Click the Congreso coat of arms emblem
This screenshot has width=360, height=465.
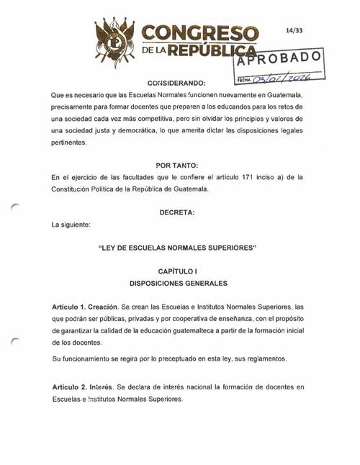click(x=115, y=40)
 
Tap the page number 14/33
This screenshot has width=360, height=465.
click(x=294, y=31)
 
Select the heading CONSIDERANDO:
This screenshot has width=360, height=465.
click(x=176, y=82)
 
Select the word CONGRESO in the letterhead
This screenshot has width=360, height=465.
click(x=200, y=33)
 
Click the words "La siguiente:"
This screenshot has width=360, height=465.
click(x=71, y=225)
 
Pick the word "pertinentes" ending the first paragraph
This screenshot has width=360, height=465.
click(x=73, y=142)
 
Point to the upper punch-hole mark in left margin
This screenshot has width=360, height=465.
click(x=17, y=207)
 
